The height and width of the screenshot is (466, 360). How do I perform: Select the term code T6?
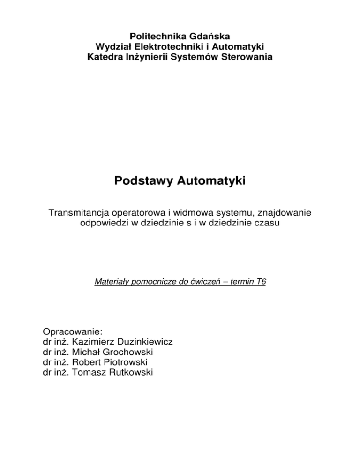(x=260, y=282)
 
